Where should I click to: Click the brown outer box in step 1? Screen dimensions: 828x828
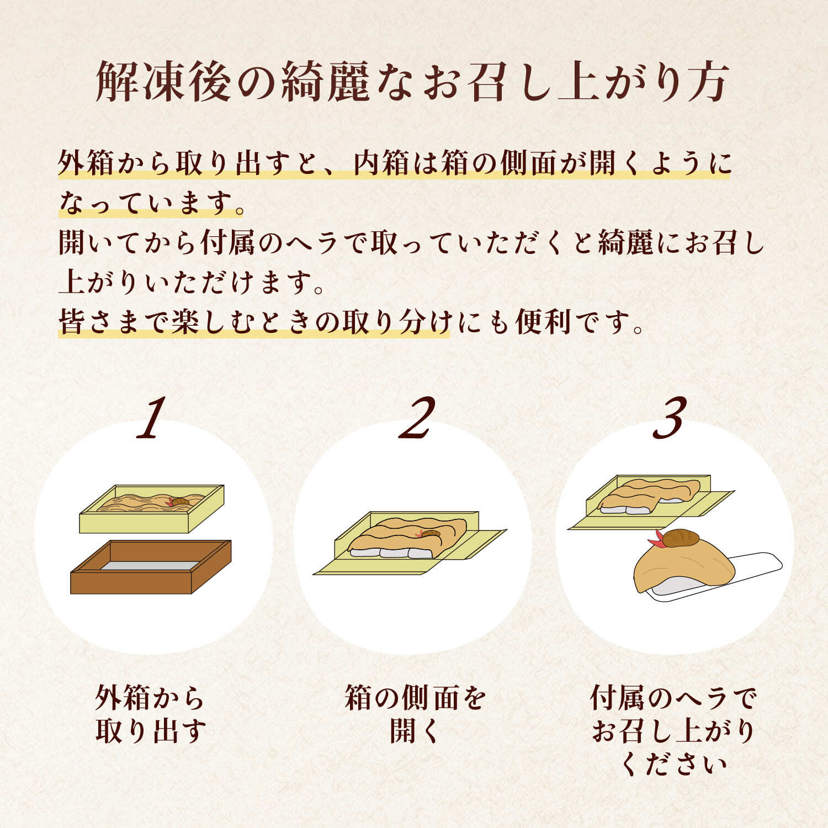click(150, 574)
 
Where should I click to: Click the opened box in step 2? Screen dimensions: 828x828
click(408, 544)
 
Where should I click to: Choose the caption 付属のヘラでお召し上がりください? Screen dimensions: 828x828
click(673, 730)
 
